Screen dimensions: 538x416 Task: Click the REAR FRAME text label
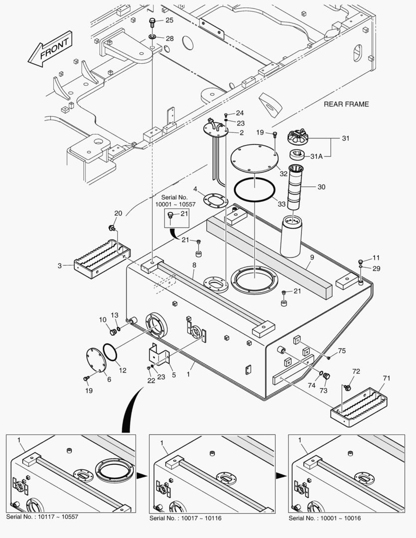[346, 104]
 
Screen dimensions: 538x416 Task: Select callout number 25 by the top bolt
[170, 20]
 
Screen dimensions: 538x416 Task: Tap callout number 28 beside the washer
[170, 38]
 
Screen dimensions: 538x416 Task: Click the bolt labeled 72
[347, 387]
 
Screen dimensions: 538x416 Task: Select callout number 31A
[317, 156]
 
